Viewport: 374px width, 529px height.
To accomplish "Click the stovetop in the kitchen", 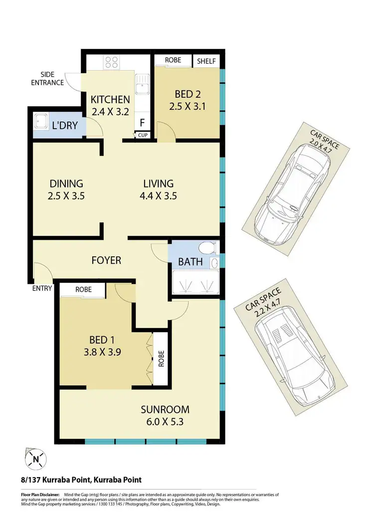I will [x=111, y=62].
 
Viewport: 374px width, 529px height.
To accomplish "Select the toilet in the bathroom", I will [x=206, y=247].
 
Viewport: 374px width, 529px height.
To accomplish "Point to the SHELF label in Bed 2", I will [x=206, y=61].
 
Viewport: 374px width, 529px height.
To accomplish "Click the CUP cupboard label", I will [x=143, y=135].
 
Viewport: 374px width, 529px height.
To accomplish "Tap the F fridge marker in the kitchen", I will [x=142, y=123].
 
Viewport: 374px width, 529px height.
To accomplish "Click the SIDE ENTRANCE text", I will [x=48, y=78].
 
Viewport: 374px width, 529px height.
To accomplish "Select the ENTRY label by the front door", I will [x=42, y=288].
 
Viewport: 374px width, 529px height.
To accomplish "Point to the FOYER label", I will [x=106, y=260].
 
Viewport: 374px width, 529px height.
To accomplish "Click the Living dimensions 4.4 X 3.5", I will [x=158, y=196].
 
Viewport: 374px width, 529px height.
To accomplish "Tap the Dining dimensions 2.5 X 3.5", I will [x=66, y=196].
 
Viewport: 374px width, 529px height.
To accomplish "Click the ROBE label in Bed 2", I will [x=173, y=61].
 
